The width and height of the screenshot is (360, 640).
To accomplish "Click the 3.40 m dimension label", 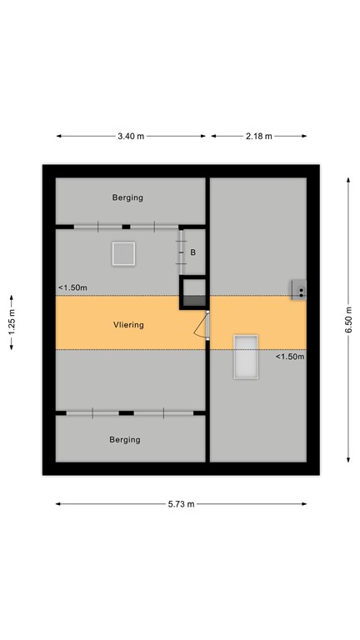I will pos(132,136).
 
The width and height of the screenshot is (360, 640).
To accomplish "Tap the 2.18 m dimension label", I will pos(258,136).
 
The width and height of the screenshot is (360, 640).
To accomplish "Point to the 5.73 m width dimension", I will pos(181,504).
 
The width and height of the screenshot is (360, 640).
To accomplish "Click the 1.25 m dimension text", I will pos(12,321).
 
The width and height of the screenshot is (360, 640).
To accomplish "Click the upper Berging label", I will pos(128,197).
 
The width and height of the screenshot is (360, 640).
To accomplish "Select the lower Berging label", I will pos(125,439).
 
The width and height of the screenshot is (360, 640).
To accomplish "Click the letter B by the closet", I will pos(192,252).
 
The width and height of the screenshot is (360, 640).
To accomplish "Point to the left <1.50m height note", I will pos(72,288).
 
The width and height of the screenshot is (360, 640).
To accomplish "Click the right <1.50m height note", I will pos(290,357).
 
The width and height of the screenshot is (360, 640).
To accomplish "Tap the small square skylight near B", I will pos(123,252).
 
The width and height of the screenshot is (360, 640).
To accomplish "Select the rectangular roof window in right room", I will pos(246,356).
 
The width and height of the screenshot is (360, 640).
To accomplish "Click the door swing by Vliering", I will pos(201,327).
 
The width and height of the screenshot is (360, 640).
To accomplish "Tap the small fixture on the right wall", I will pos(298,289).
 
